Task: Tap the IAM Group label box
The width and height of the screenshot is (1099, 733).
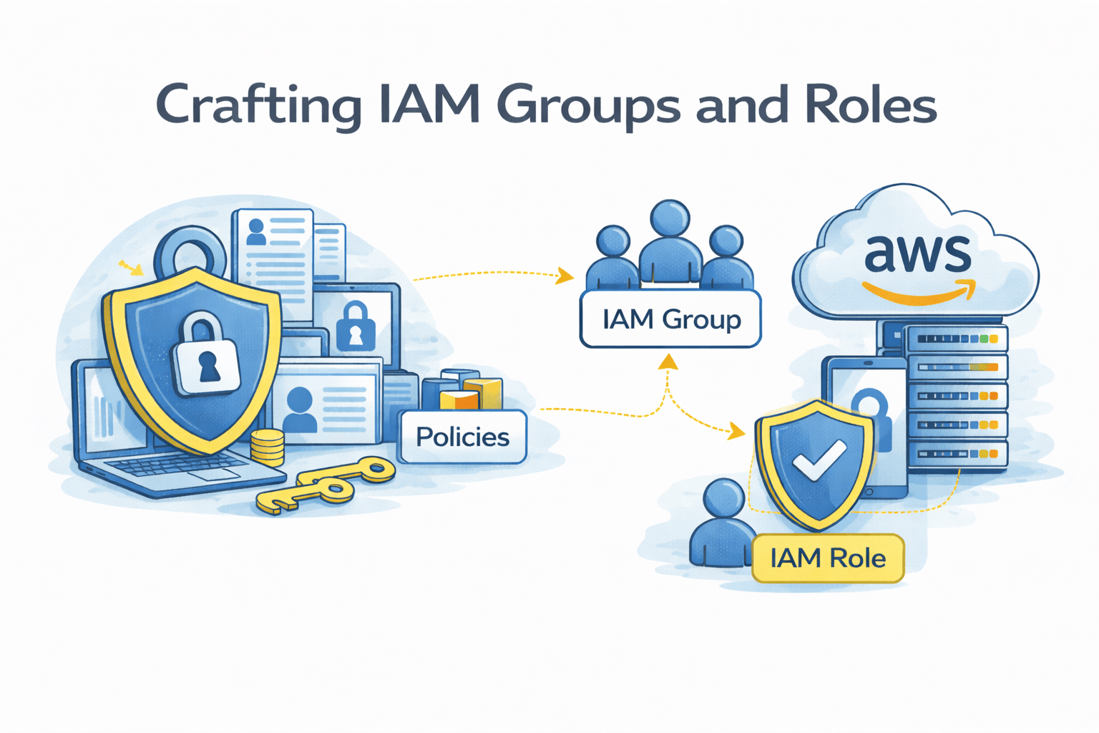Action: point(670,319)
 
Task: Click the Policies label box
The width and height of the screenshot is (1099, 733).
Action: point(462,437)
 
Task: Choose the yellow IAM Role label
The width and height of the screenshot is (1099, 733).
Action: point(828,558)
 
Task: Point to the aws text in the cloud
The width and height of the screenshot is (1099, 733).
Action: point(917,253)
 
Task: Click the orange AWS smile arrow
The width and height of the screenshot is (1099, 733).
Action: point(919,293)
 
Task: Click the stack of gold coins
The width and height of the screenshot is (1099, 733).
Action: point(268,447)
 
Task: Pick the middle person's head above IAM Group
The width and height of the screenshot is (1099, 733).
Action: point(670,219)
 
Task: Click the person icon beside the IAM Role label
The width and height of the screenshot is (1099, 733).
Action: point(723,526)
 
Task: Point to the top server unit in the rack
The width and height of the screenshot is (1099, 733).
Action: point(956,339)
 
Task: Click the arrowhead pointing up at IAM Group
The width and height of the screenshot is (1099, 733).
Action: point(668,361)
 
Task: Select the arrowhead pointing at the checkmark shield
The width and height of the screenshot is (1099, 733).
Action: point(736,431)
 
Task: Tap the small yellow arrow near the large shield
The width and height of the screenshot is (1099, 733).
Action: point(132,268)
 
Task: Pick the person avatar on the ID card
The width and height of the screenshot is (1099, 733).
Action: point(300,408)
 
